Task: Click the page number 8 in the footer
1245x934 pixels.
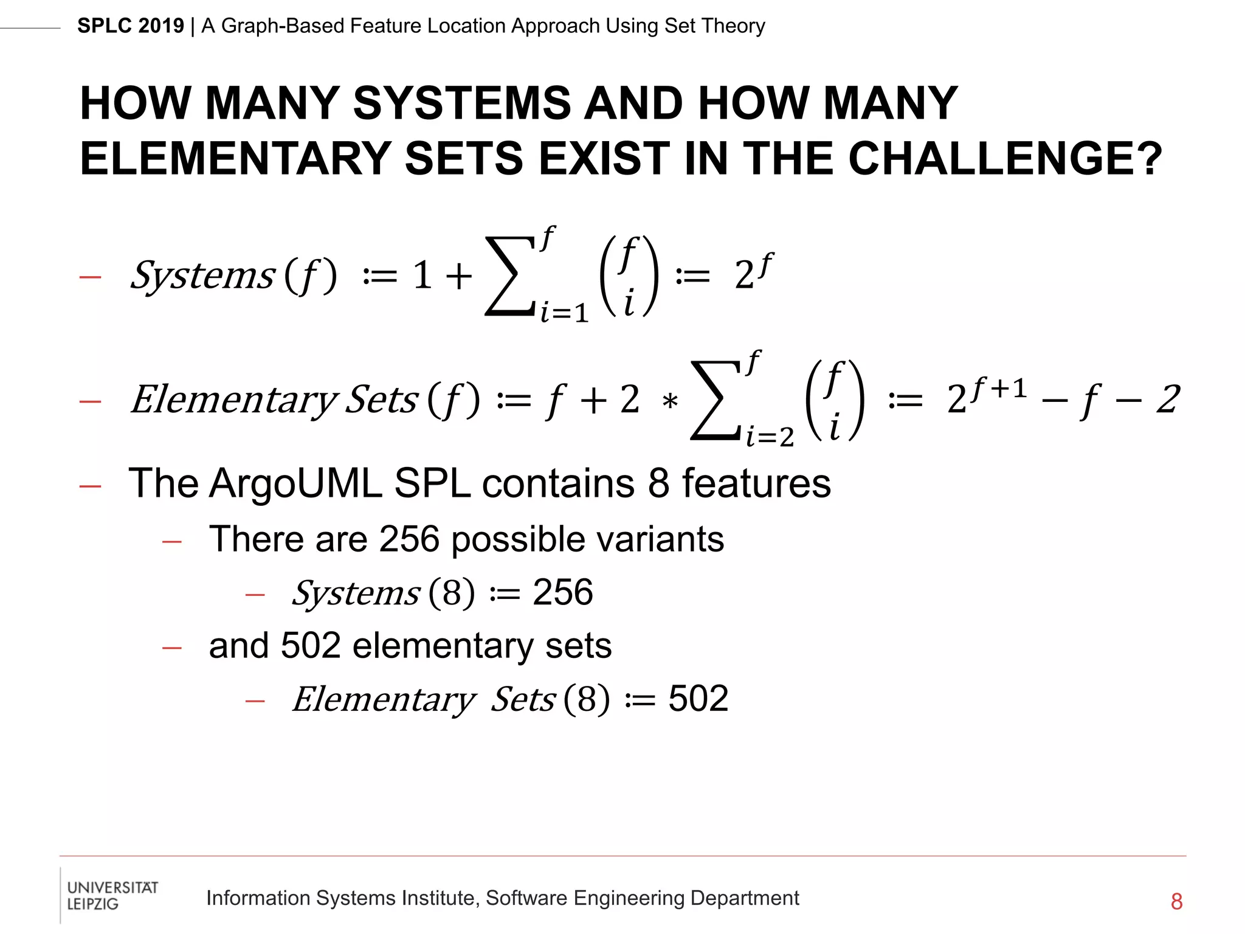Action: (x=1176, y=901)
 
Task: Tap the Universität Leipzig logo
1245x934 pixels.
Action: (x=112, y=895)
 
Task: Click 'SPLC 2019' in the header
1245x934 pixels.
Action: (x=130, y=26)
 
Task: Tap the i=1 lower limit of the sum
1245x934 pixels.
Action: (x=565, y=313)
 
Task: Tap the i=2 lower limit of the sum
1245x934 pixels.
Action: (x=770, y=437)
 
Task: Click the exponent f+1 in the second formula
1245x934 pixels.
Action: (x=999, y=387)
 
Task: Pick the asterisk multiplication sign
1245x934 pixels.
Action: (x=669, y=402)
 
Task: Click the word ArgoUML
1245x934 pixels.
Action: (x=295, y=483)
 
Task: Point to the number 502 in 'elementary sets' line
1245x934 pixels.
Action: (x=311, y=645)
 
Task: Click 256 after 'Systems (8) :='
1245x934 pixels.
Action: (x=562, y=592)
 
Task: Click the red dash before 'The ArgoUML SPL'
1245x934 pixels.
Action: (x=90, y=486)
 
